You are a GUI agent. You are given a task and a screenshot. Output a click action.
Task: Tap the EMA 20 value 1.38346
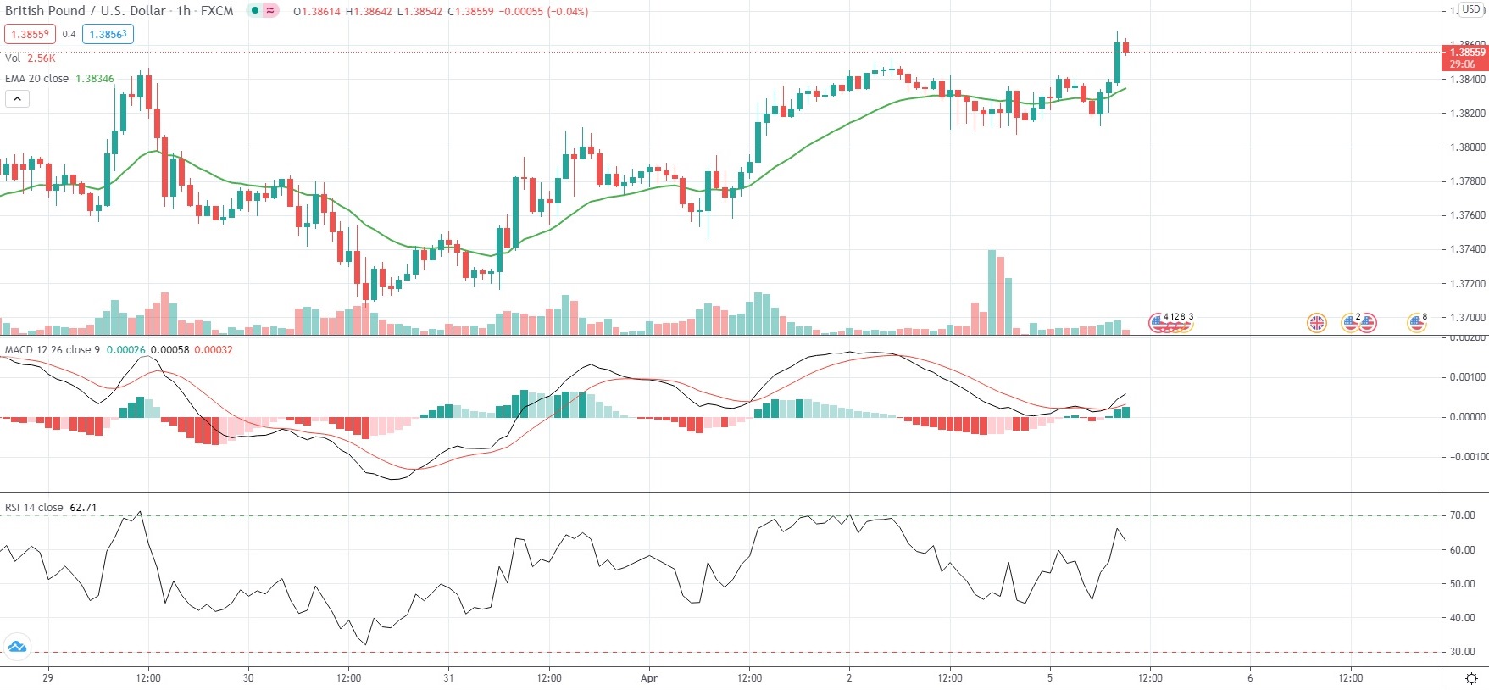coord(95,79)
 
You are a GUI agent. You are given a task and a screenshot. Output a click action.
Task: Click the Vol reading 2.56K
coord(41,58)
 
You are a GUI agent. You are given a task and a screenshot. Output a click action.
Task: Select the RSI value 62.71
coord(83,508)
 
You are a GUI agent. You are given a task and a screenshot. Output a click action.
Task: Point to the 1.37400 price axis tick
coord(1467,249)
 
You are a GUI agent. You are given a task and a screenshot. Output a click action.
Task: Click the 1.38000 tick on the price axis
coord(1467,147)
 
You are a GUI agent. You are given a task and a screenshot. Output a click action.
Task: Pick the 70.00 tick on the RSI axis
coord(1462,515)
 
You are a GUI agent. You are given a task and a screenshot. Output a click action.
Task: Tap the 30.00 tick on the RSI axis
coord(1462,652)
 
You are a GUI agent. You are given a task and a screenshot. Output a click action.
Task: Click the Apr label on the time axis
coord(649,678)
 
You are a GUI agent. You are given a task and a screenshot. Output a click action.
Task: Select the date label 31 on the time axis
coord(448,678)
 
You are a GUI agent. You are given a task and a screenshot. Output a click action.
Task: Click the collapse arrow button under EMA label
coord(17,99)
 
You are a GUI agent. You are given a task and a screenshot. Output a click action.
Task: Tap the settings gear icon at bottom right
coord(1471,678)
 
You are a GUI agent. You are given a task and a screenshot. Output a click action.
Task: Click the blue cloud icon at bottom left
coord(17,648)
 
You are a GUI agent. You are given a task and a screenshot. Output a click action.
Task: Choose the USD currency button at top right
coord(1470,9)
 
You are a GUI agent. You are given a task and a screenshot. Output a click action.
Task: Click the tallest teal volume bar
coord(992,292)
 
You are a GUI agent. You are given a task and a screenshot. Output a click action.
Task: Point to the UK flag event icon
coord(1316,322)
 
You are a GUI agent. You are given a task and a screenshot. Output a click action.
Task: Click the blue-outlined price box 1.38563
coord(108,34)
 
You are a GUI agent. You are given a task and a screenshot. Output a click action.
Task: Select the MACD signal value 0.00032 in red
coord(214,350)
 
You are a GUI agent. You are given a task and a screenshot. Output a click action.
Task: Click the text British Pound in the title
coord(45,11)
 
